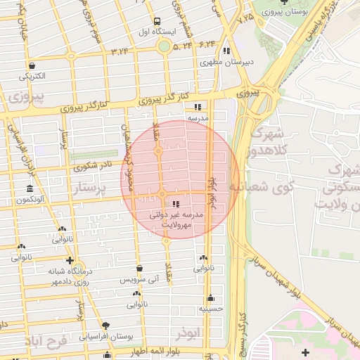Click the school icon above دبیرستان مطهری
226,51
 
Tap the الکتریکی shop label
32,75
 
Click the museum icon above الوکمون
29,189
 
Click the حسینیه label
210,308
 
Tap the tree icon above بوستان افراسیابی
105,326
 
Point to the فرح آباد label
46,343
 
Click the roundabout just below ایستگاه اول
164,46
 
